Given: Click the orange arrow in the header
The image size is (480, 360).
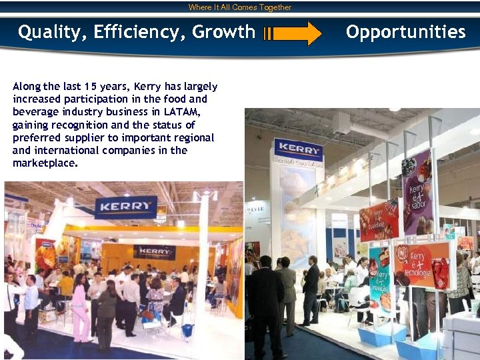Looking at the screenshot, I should (x=293, y=33).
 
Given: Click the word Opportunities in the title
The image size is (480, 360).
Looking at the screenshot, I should (x=405, y=32).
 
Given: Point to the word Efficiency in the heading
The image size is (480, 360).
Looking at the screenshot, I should (x=141, y=32).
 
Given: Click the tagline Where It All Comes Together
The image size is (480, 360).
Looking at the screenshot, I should (x=240, y=7).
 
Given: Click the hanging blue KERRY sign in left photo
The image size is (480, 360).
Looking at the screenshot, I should (x=125, y=207).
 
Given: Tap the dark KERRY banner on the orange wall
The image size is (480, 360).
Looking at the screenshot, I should (x=154, y=252).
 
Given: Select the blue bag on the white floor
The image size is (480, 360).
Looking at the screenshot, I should (x=187, y=329).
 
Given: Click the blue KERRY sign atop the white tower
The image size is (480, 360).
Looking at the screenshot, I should (x=298, y=149).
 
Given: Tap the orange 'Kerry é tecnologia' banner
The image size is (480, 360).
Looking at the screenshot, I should (x=422, y=264).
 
